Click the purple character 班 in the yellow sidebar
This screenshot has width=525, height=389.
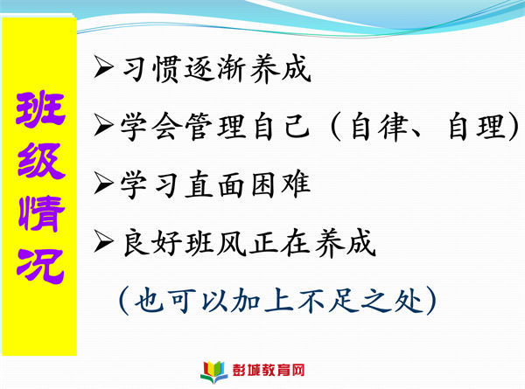click(x=40, y=108)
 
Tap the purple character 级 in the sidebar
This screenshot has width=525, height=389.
click(x=41, y=161)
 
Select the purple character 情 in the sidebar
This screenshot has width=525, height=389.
click(x=41, y=213)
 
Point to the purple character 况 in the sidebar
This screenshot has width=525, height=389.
click(x=40, y=267)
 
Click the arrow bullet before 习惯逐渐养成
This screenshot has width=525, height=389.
click(x=103, y=66)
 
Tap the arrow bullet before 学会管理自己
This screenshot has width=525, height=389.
click(x=103, y=125)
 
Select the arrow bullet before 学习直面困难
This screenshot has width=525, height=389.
click(x=103, y=183)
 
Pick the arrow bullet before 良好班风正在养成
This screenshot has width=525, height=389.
click(x=103, y=240)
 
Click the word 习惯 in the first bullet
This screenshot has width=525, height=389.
click(x=151, y=69)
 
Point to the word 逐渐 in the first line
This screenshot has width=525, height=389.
click(x=213, y=69)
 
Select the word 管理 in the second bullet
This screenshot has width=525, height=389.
click(x=214, y=127)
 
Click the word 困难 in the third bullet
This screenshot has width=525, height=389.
click(x=281, y=184)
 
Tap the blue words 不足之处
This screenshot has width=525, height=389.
click(x=360, y=300)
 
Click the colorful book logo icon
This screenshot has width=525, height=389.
click(x=213, y=372)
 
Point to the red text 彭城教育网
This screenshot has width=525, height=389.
click(x=269, y=371)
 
